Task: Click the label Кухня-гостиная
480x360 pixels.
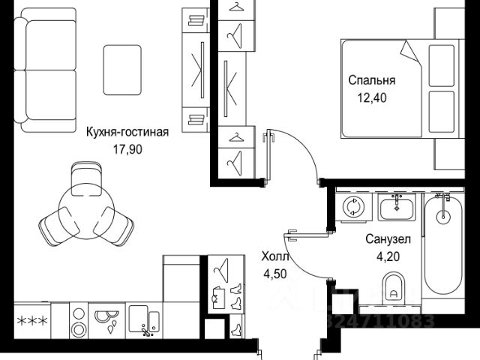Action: pos(127,132)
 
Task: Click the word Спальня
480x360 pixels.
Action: pos(371,80)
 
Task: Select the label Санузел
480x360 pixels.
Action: pos(388,240)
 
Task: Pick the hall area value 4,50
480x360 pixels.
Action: pos(274,273)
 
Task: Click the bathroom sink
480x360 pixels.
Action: pos(397,207)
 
